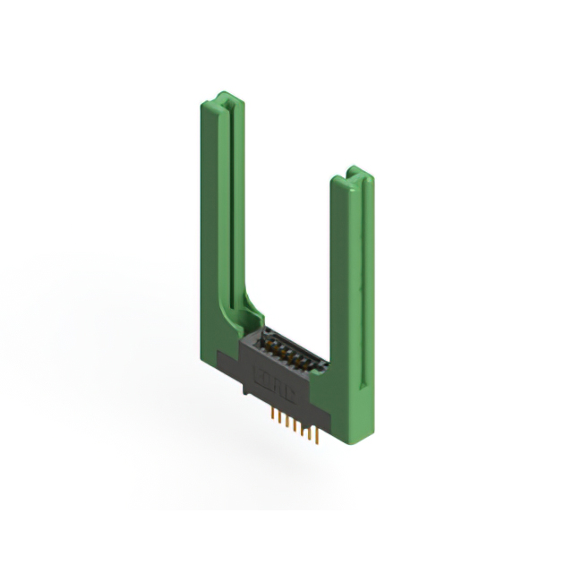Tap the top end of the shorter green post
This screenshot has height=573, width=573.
pos(352,173)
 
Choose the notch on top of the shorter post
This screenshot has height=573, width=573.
pos(355,171)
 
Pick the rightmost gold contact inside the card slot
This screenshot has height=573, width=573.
pos(304,361)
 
